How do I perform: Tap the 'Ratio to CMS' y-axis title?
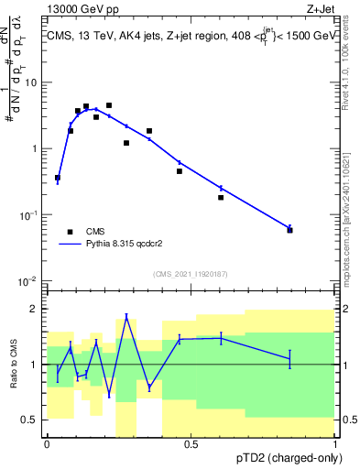point(16,365)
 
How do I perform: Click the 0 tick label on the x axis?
point(46,444)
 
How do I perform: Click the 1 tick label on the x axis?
point(335,444)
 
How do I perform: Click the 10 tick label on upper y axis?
point(30,82)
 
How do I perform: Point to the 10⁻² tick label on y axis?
point(28,280)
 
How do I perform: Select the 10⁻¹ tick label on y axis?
point(28,214)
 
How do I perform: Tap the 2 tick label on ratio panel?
point(34,309)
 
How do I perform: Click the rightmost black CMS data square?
point(289,230)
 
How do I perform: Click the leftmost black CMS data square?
point(58,178)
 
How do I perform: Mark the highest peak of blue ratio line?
point(126,317)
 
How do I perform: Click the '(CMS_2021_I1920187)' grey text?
point(190,274)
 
